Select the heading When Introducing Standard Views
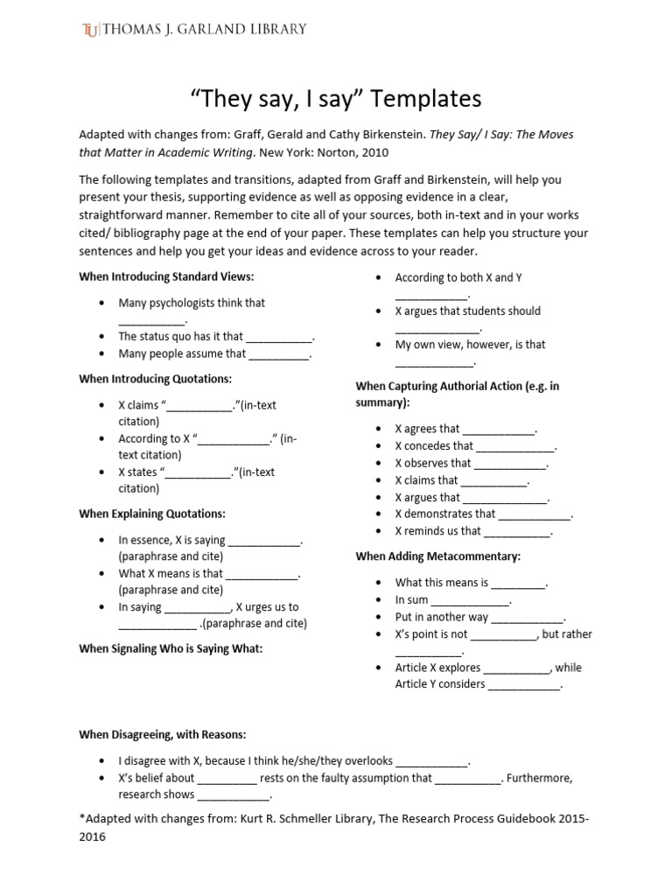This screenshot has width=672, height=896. tap(166, 277)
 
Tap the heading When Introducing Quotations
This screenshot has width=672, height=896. tap(155, 379)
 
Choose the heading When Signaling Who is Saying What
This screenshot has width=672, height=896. tap(170, 648)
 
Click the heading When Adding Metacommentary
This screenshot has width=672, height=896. tap(437, 556)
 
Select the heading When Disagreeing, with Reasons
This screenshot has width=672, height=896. tap(162, 734)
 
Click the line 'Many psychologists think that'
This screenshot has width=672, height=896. tap(192, 303)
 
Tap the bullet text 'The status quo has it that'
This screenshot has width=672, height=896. tap(180, 336)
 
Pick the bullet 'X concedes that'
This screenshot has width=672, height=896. tap(434, 446)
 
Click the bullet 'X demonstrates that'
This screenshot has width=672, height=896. tap(444, 514)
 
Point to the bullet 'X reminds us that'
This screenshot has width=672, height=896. tap(437, 530)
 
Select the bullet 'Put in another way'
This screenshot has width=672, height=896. tap(441, 617)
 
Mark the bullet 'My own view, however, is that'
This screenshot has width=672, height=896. tap(470, 345)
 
